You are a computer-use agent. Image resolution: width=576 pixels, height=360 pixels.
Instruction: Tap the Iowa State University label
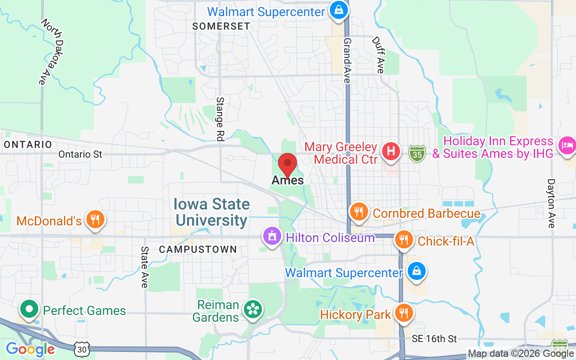coord(212,212)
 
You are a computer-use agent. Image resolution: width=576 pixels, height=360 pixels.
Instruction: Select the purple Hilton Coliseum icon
coord(272,236)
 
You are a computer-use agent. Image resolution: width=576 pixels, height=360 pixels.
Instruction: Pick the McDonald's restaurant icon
coord(94,220)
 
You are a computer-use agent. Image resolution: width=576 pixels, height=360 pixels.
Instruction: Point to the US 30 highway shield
coord(82,348)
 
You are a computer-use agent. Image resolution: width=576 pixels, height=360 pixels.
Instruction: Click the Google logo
coord(30,349)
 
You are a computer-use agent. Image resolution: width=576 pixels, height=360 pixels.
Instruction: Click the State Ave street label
coord(144,266)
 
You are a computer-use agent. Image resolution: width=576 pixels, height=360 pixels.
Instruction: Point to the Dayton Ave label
coord(551,203)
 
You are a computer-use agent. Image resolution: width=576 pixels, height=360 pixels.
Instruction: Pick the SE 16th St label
coord(434,339)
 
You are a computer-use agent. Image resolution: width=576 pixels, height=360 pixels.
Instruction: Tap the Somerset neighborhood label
coord(221,26)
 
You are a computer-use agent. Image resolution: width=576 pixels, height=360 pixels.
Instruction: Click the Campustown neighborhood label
coord(198,249)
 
